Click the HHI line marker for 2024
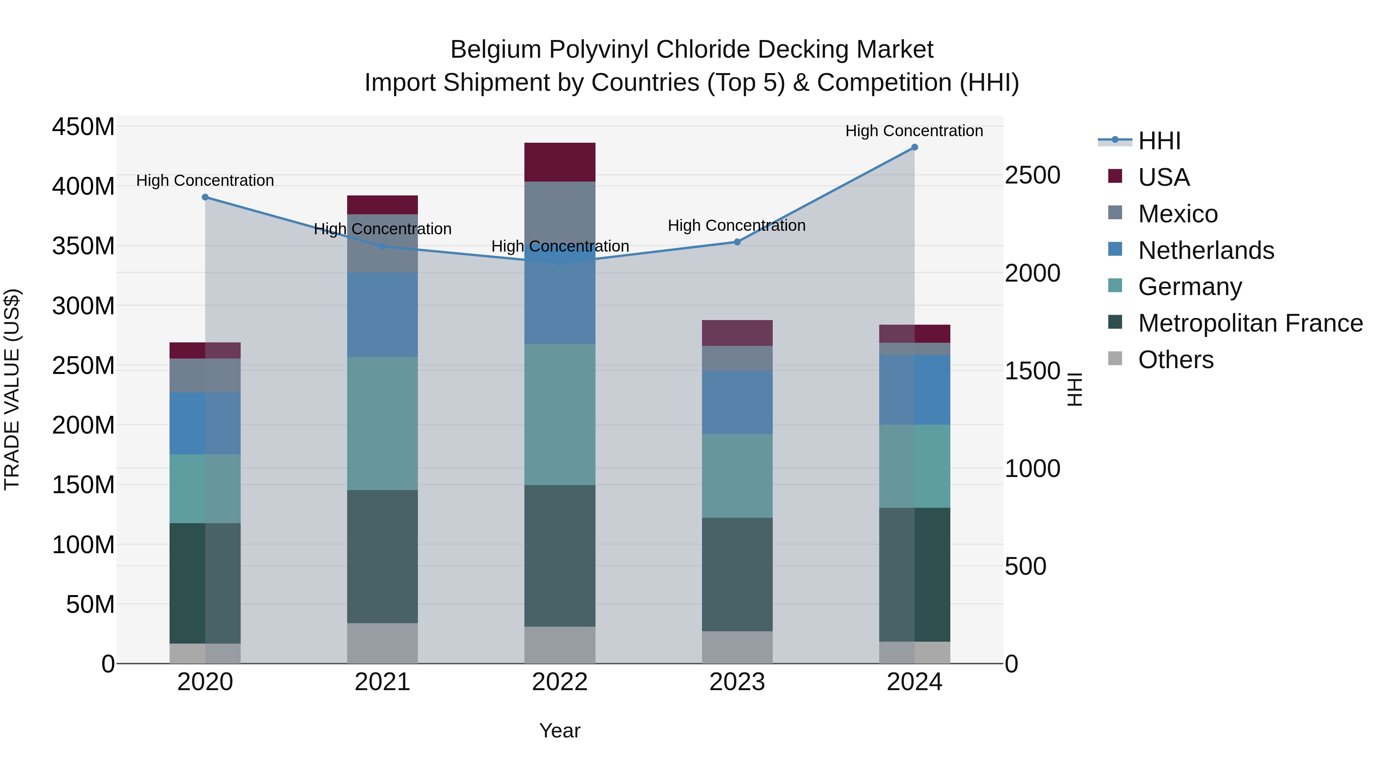click(915, 147)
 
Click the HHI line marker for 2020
click(205, 197)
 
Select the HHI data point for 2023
click(737, 242)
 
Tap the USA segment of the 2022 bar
click(560, 162)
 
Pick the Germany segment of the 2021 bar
click(383, 423)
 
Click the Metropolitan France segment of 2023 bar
click(737, 574)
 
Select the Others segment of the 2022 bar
click(560, 645)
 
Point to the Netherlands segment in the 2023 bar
click(737, 402)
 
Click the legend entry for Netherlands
click(1206, 250)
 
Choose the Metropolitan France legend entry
click(1250, 323)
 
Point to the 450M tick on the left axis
click(83, 127)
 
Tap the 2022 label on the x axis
click(560, 682)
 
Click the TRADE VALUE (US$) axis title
click(12, 389)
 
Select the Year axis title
click(560, 731)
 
